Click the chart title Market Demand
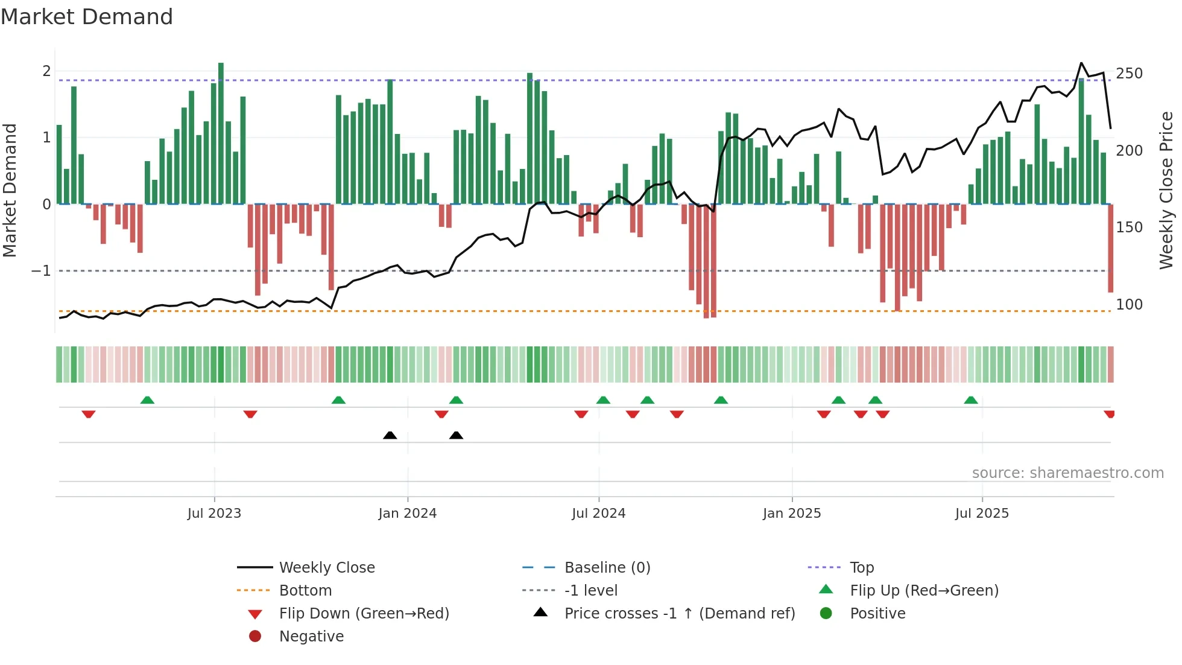click(x=87, y=17)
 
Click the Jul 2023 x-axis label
click(x=214, y=514)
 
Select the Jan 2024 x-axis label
click(x=408, y=514)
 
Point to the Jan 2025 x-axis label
click(x=792, y=514)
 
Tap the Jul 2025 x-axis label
click(x=982, y=514)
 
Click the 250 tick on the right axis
click(x=1129, y=74)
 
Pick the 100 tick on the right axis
click(x=1129, y=305)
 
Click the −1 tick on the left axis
click(x=42, y=271)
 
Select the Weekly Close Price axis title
click(x=1166, y=190)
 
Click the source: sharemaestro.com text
click(x=1067, y=473)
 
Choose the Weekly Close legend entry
click(x=327, y=568)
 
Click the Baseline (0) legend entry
click(x=607, y=568)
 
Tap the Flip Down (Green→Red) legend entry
click(x=364, y=614)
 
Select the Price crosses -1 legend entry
click(x=679, y=614)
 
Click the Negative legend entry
click(x=311, y=637)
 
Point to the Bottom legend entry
click(x=305, y=591)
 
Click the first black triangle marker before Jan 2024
click(x=390, y=435)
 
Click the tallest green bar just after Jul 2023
click(x=221, y=133)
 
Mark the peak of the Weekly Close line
click(x=1081, y=63)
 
